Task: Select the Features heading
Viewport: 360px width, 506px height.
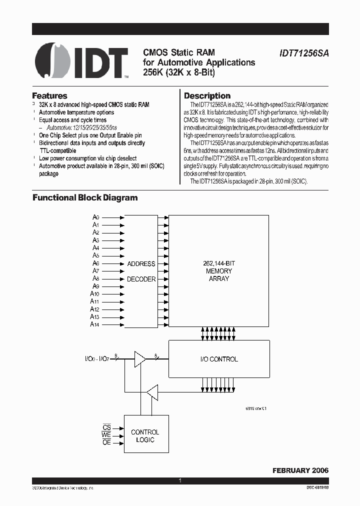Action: [x=49, y=95]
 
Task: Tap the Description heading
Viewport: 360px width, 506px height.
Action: [x=207, y=95]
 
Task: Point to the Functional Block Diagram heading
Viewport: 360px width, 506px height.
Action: [x=85, y=197]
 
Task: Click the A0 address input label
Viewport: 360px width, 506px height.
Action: [x=96, y=217]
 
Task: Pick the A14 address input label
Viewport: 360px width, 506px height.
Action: [x=95, y=324]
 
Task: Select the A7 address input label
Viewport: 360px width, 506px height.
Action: [x=96, y=271]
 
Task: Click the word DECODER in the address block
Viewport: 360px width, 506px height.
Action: [x=141, y=279]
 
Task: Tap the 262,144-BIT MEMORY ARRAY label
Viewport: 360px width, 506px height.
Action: [x=218, y=271]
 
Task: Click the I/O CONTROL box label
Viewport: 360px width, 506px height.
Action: [x=218, y=359]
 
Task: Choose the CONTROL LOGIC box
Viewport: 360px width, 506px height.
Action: [x=145, y=435]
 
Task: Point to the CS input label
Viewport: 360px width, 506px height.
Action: [x=106, y=428]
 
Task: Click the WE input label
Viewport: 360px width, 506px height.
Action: [x=106, y=435]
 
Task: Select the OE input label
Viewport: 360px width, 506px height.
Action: [x=106, y=443]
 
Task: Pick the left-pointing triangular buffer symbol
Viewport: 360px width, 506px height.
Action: [x=152, y=391]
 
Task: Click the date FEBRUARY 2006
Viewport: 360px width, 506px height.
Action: [x=300, y=470]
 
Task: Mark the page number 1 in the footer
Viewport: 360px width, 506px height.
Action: [x=180, y=481]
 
